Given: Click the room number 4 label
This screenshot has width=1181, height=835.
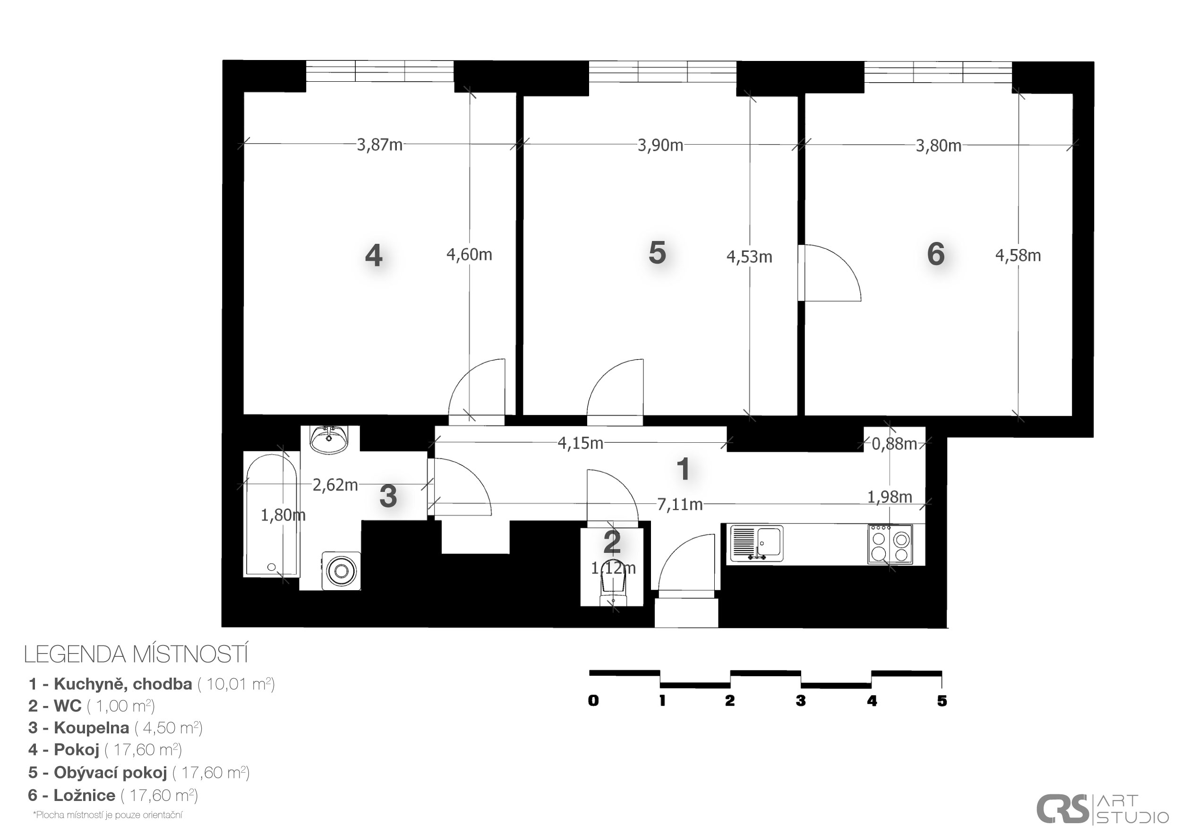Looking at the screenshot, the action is point(374,255).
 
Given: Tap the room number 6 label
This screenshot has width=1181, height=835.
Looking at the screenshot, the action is point(936,254).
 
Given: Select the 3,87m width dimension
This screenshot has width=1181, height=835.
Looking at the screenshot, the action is point(380,145).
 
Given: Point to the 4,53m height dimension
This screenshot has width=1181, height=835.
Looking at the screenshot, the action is point(749,257).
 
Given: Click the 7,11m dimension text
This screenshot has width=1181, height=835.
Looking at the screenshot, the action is point(679,504).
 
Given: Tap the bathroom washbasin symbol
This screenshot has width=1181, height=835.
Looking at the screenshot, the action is point(329,440).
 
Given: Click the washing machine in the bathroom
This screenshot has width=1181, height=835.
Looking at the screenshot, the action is point(341,570).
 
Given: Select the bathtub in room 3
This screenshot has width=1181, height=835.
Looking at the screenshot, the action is point(272,515).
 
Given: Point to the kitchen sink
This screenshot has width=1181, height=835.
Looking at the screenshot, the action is point(757,543).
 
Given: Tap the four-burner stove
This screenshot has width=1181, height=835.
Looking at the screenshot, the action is point(890,544).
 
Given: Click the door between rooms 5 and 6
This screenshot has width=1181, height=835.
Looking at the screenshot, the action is point(829,273).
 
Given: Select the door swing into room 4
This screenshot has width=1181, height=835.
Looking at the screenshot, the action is point(476,391).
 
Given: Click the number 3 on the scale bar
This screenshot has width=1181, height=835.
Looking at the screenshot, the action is point(800,701).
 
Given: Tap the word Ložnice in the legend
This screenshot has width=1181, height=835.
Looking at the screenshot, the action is point(85,795).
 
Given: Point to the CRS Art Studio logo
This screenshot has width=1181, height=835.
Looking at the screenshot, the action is point(1102,809).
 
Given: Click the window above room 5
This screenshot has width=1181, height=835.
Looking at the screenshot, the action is point(662,71).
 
